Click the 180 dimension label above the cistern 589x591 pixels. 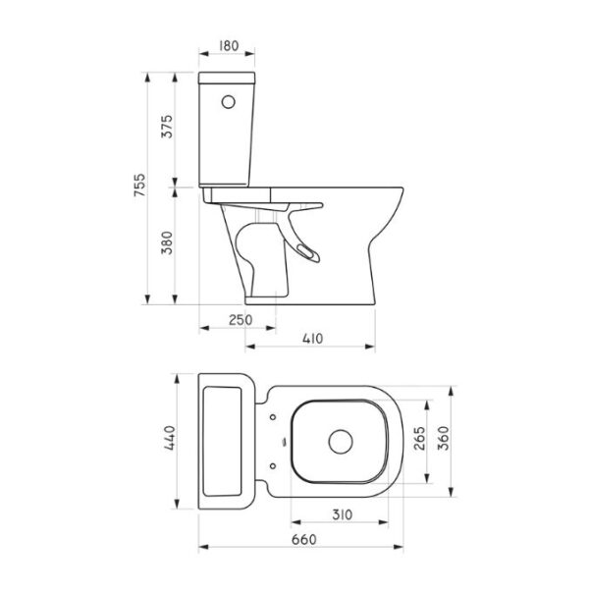(229, 46)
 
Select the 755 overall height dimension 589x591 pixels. (139, 185)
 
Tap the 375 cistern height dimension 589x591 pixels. (167, 127)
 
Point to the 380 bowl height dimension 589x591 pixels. (167, 242)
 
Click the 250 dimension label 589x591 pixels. (241, 320)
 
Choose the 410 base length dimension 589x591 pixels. (313, 339)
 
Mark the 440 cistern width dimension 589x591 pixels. (170, 438)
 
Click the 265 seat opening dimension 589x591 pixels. (419, 439)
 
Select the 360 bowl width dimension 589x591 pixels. (445, 438)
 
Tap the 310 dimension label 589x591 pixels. (343, 514)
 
